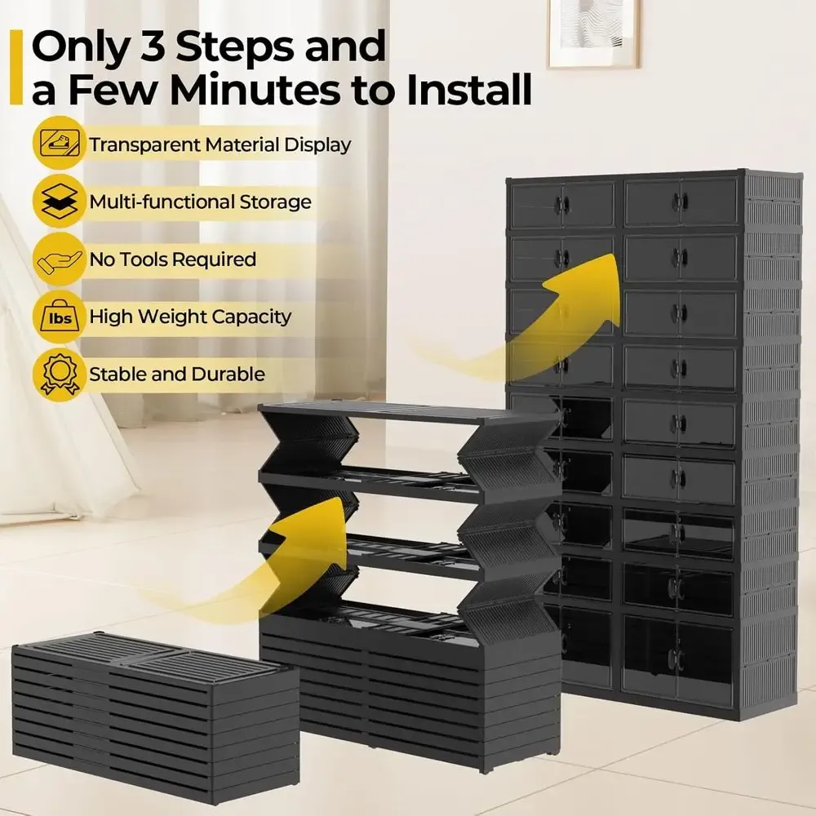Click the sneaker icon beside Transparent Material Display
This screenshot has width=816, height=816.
tap(60, 143)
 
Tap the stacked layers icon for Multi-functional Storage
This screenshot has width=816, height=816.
tap(60, 201)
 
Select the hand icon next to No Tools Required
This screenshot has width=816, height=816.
tap(60, 259)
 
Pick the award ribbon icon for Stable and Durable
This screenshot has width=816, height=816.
tap(60, 374)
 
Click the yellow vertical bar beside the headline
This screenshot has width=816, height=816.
tap(16, 67)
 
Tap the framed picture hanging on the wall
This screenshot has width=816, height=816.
tap(593, 33)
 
